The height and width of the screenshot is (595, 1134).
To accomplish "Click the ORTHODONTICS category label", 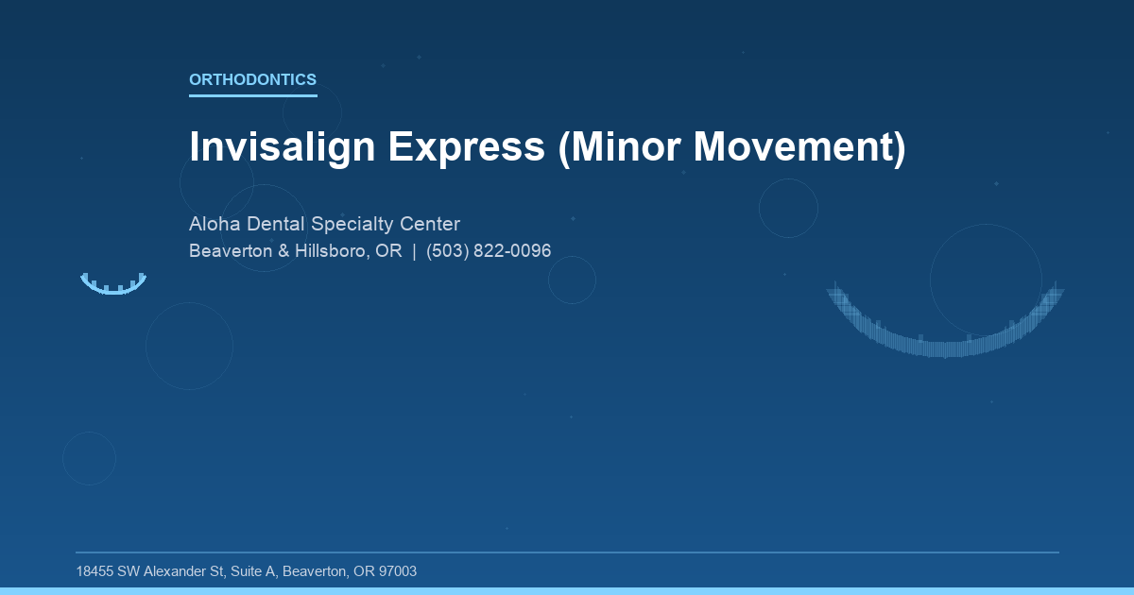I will click(252, 80).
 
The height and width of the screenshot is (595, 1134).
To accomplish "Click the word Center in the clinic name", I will click(430, 225).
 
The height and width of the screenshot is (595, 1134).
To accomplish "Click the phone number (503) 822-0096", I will click(489, 251).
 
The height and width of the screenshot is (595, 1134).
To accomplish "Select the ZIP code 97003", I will click(397, 571).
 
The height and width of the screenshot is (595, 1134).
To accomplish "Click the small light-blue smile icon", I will click(113, 284).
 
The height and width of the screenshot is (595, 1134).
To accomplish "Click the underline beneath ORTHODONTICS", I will click(252, 94).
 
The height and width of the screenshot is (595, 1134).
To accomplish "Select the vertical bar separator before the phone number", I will click(414, 251).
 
